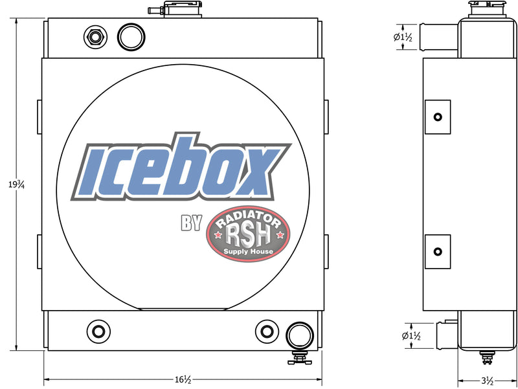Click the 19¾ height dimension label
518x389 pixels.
pos(17,184)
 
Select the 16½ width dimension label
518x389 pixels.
pos(183,380)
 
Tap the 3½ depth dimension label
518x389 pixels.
pos(488,381)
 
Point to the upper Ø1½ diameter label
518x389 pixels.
pos(403,37)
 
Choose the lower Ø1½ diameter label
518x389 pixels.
pos(411,336)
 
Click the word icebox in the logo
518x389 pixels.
pos(181,167)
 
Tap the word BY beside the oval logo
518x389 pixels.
pos(191,223)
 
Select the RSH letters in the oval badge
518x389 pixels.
pos(248,235)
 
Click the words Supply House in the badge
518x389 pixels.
pos(248,251)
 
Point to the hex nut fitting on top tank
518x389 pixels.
pos(95,37)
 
